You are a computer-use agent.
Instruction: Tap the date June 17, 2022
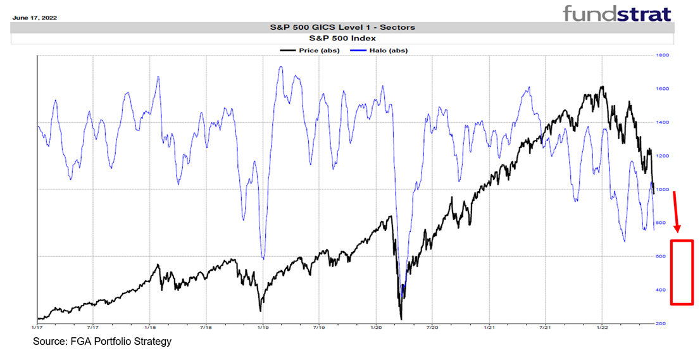[x=34, y=18]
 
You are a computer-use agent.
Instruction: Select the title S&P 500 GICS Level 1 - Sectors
[x=342, y=27]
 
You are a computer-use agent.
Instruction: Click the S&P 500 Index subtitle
[x=342, y=39]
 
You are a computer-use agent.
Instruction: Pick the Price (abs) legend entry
[x=318, y=50]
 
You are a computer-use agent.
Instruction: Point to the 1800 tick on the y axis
[x=662, y=56]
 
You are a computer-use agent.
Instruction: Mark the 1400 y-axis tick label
[x=662, y=123]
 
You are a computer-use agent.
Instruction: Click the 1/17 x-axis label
[x=38, y=328]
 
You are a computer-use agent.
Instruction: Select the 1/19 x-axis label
[x=263, y=328]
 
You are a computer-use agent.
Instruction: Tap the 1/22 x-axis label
[x=601, y=328]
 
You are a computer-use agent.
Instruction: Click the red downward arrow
[x=677, y=212]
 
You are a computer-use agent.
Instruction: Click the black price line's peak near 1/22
[x=603, y=87]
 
